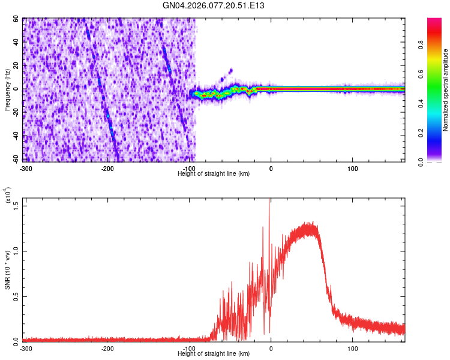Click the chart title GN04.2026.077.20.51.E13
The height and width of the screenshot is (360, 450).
[214, 5]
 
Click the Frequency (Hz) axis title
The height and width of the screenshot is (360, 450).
[8, 89]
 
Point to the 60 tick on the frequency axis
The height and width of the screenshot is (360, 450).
[16, 19]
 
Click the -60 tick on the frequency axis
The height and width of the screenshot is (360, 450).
[14, 160]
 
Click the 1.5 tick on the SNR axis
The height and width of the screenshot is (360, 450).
[14, 205]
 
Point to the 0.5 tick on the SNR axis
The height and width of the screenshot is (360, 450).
[14, 296]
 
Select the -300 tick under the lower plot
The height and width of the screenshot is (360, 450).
[25, 348]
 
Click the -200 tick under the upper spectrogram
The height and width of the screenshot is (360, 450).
[107, 167]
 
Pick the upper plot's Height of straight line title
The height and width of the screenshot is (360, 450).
[214, 173]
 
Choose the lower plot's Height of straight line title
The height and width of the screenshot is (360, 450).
[214, 354]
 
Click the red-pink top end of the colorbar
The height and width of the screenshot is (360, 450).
[434, 21]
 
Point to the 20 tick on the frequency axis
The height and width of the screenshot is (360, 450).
[16, 66]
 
